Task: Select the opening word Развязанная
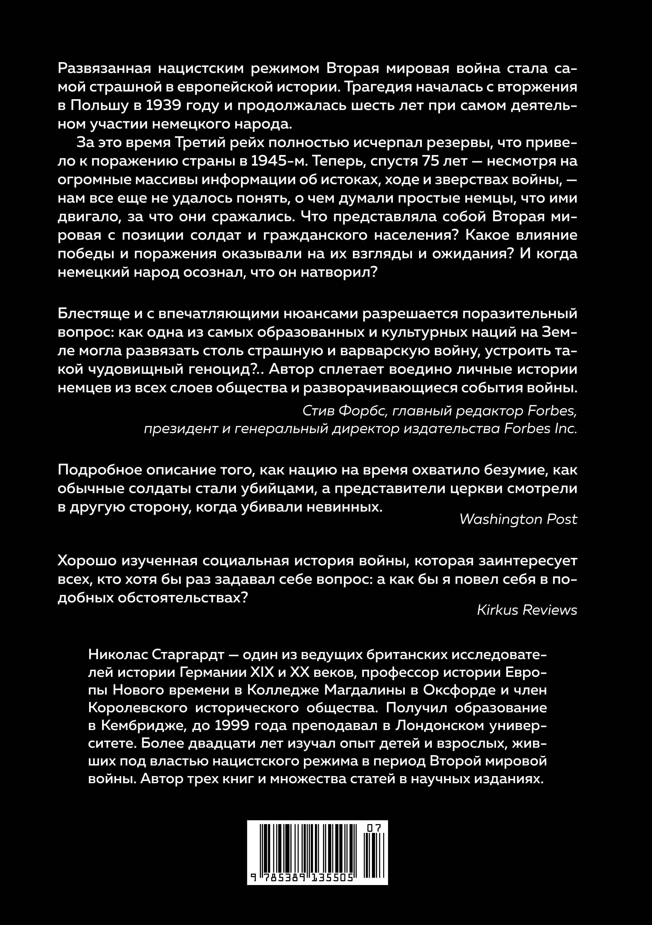tap(104, 68)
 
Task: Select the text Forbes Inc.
tap(540, 428)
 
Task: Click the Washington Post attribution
tap(518, 519)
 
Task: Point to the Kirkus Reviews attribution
tap(527, 610)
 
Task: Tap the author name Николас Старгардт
tap(156, 655)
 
